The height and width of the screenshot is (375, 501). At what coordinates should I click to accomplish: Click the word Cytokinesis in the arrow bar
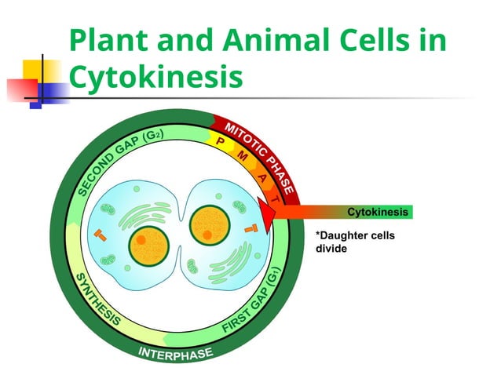coord(378,212)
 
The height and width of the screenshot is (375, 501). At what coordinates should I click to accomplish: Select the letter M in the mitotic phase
coord(243,157)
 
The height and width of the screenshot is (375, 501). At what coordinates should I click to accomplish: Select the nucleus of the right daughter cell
coord(210,224)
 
